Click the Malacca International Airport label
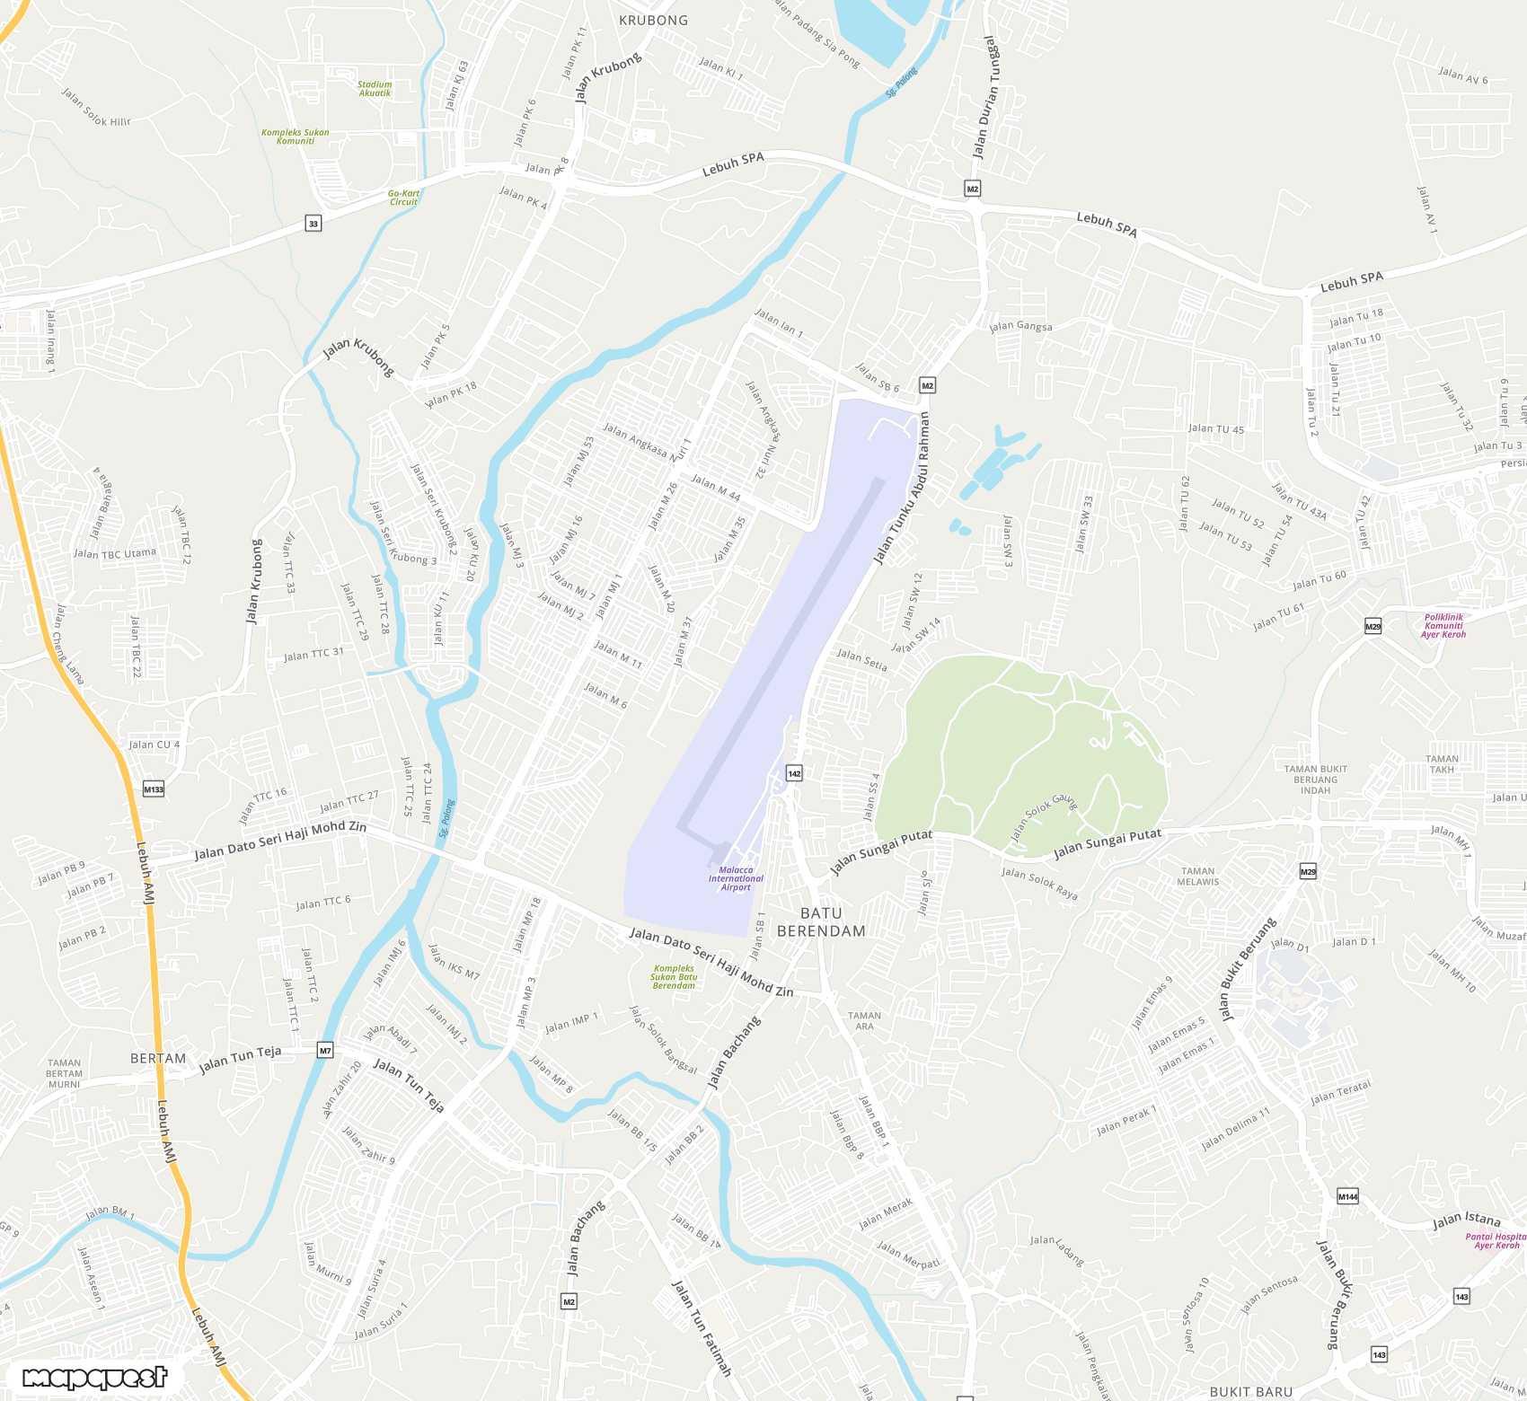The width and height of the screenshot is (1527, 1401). point(736,878)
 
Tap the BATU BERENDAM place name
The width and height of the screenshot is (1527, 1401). point(821,922)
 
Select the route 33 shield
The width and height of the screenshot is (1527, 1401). point(313,224)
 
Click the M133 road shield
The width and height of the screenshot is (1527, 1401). point(154,789)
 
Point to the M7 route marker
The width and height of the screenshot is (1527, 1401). point(325,1050)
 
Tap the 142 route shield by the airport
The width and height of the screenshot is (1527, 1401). point(794,773)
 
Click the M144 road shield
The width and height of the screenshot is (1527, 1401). point(1347,1196)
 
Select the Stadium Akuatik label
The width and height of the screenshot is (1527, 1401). point(375,89)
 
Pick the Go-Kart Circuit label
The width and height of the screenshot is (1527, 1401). point(403,198)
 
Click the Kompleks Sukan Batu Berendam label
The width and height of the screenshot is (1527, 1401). point(674,977)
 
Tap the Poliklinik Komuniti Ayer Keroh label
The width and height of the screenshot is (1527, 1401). point(1443,626)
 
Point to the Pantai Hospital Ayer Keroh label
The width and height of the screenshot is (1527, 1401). point(1496,1240)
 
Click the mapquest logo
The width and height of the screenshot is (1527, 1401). point(94,1378)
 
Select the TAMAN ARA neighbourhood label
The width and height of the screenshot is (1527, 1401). point(864,1020)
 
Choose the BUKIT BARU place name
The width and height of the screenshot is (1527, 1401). point(1250,1391)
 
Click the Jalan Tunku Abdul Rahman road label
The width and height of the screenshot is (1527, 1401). point(900,489)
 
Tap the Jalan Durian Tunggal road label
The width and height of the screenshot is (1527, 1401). point(985,97)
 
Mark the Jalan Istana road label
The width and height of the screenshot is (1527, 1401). point(1466,1220)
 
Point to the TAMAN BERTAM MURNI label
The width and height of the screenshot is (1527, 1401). point(64,1073)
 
